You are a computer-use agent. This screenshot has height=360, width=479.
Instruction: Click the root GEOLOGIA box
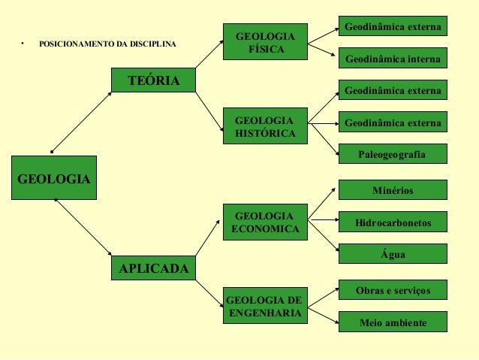(53, 177)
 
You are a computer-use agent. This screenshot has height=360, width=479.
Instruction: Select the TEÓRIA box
(153, 80)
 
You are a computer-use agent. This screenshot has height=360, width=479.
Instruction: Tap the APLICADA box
(153, 268)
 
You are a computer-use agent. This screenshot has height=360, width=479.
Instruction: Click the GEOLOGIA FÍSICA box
(265, 42)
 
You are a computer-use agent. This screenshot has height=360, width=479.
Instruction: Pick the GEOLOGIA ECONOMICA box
(265, 222)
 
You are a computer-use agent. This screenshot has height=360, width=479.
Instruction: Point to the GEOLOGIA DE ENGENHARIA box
(265, 307)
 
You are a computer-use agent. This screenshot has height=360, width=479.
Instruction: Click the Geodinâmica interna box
(393, 58)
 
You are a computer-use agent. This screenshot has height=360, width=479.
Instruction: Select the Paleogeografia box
(393, 154)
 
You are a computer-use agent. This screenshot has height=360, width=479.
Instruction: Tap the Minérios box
(393, 190)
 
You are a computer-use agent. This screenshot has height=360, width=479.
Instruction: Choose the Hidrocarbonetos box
(393, 223)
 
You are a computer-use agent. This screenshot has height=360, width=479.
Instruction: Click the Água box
(393, 255)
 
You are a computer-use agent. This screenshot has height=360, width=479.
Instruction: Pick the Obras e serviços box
(393, 289)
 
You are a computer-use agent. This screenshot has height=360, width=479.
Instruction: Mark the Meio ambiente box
(393, 322)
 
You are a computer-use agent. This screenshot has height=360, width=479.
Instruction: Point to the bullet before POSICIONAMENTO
(23, 44)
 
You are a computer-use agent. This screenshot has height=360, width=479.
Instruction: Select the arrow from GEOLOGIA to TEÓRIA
(81, 122)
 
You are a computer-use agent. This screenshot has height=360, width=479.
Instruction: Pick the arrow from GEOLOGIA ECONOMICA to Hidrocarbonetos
(322, 220)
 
